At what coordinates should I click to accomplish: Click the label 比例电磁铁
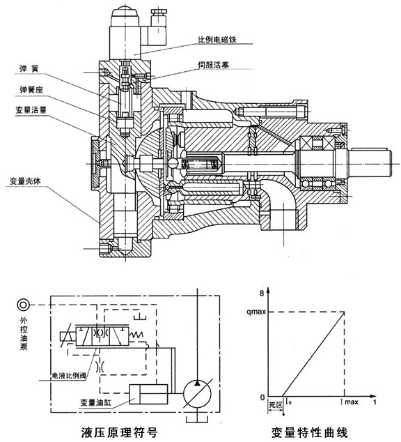217,40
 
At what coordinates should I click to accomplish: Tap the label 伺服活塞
213,65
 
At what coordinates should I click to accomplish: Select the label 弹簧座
31,90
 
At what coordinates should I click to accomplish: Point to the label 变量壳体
25,181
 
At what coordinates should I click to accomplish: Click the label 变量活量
31,110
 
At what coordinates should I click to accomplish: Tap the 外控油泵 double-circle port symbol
23,305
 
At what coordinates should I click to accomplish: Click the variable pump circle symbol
197,395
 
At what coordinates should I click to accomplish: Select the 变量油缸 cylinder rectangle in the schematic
148,395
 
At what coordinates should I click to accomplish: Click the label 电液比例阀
69,376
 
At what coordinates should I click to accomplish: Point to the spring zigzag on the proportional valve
136,335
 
